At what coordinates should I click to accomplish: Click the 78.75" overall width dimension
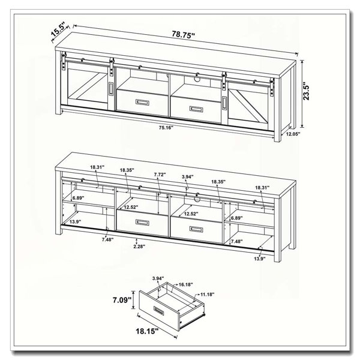point(184,34)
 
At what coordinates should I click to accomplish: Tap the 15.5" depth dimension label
point(58,30)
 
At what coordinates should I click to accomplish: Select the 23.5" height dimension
point(306,91)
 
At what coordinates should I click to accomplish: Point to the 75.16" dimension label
point(166,128)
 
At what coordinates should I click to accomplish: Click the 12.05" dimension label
point(293,134)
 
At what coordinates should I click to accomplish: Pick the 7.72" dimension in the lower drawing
point(160,175)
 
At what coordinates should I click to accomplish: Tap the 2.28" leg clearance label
point(140,247)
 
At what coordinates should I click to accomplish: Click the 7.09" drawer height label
point(122,299)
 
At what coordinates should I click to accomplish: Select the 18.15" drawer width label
point(147,331)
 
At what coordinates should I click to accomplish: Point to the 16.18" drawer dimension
point(186,284)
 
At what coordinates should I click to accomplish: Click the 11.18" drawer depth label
point(208,294)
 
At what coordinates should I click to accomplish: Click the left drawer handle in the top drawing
point(143,103)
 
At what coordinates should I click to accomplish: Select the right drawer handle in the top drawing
point(196,109)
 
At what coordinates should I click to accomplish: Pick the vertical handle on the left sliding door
point(111,88)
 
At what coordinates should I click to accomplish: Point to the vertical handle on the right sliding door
point(224,103)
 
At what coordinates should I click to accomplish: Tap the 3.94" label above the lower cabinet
point(188,176)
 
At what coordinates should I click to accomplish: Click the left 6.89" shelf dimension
point(79,198)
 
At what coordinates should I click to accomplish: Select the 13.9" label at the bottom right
point(260,259)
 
